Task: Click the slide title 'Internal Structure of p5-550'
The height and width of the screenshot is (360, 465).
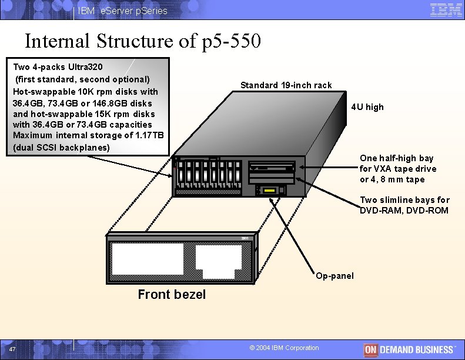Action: pyautogui.click(x=143, y=41)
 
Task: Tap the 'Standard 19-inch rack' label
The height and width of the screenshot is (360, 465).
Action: pyautogui.click(x=286, y=85)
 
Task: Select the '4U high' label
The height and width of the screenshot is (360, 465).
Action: pyautogui.click(x=367, y=107)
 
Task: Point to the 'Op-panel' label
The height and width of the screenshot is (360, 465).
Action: pyautogui.click(x=334, y=276)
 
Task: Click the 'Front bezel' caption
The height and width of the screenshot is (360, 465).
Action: pyautogui.click(x=172, y=295)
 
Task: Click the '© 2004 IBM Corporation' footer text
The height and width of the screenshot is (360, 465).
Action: pyautogui.click(x=284, y=348)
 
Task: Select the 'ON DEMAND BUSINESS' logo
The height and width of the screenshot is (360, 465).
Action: pyautogui.click(x=409, y=349)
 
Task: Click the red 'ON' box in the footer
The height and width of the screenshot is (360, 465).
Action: pyautogui.click(x=370, y=349)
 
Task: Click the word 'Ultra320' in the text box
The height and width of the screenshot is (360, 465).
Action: pyautogui.click(x=83, y=68)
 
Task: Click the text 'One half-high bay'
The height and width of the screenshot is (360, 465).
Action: pyautogui.click(x=396, y=158)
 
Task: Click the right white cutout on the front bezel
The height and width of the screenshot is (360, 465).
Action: pyautogui.click(x=218, y=262)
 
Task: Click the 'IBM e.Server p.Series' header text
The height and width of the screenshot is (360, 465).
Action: pyautogui.click(x=123, y=11)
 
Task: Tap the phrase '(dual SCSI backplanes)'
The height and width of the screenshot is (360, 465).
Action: pyautogui.click(x=61, y=147)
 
